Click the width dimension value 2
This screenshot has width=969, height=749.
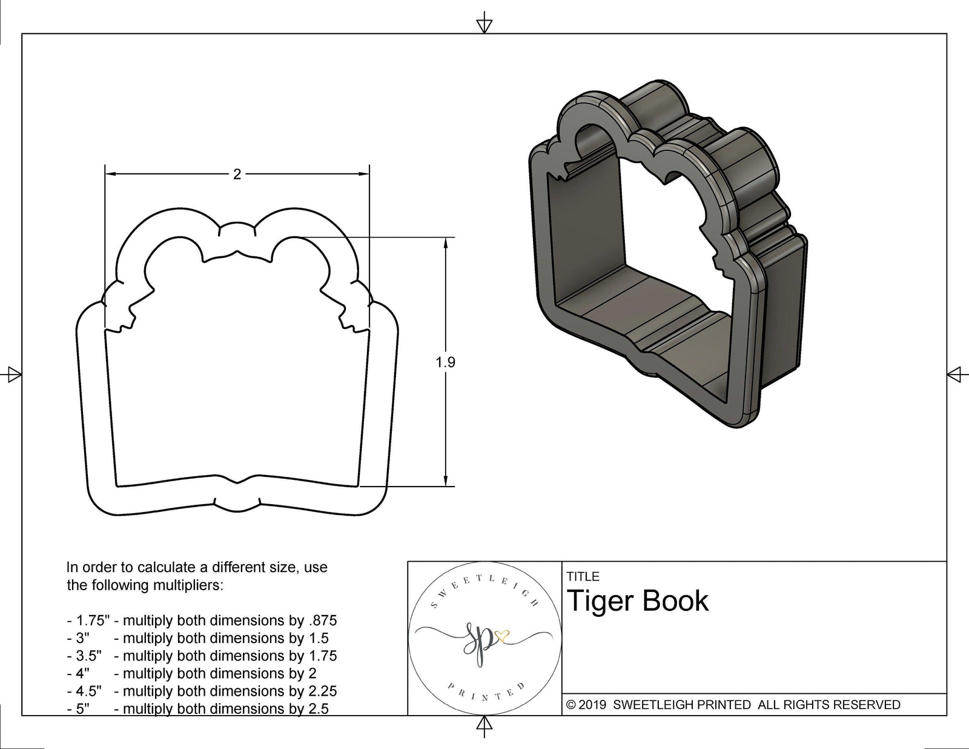237,175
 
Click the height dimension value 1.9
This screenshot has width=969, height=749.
445,362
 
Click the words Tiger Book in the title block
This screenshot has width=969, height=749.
638,601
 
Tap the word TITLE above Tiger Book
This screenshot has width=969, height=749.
583,576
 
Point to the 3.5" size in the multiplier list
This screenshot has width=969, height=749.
88,656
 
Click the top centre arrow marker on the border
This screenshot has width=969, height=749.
484,25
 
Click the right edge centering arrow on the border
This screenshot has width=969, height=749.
954,374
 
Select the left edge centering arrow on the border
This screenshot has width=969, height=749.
13,374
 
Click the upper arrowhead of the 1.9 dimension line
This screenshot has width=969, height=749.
446,242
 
